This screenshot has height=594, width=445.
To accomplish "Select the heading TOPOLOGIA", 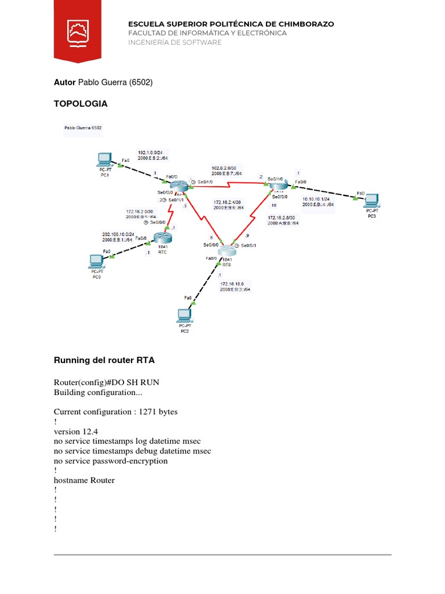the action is (x=81, y=104).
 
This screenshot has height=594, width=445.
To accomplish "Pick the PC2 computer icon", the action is (x=184, y=315).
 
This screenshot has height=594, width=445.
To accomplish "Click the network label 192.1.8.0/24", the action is (x=150, y=152).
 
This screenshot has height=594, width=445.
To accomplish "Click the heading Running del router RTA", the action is (x=104, y=360).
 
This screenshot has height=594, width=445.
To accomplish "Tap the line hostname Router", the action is (x=84, y=480).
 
